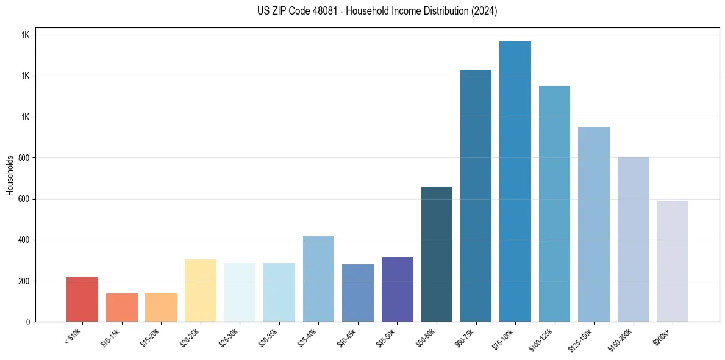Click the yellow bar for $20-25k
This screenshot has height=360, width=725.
(x=201, y=290)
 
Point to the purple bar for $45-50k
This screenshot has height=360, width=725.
(x=397, y=289)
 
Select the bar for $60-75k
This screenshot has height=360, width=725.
(x=476, y=195)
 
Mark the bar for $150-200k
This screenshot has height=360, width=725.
(x=633, y=239)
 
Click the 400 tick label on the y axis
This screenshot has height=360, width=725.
(x=24, y=240)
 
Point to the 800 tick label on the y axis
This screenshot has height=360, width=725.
(x=24, y=158)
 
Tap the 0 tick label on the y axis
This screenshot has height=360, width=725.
(x=28, y=322)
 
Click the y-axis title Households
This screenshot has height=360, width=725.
(x=10, y=175)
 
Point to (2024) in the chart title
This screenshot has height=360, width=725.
(x=484, y=11)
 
